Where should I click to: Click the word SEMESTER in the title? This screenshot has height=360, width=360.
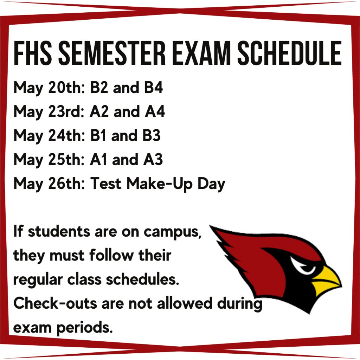click(x=112, y=53)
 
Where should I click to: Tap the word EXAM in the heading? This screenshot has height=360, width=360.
click(x=201, y=53)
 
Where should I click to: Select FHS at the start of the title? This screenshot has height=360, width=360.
click(x=33, y=53)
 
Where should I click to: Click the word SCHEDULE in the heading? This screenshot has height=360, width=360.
click(x=290, y=53)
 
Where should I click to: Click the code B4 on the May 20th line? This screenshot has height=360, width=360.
click(x=153, y=88)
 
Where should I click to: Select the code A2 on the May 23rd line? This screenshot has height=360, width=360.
click(x=99, y=111)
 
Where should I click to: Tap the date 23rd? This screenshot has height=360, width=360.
click(x=66, y=111)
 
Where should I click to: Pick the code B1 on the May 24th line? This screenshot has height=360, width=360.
click(x=98, y=135)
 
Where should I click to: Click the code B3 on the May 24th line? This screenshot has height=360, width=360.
click(x=152, y=135)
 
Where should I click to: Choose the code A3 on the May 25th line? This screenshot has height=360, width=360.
click(x=153, y=159)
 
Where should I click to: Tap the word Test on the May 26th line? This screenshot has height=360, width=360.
click(x=105, y=184)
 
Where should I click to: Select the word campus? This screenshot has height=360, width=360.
click(x=173, y=232)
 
